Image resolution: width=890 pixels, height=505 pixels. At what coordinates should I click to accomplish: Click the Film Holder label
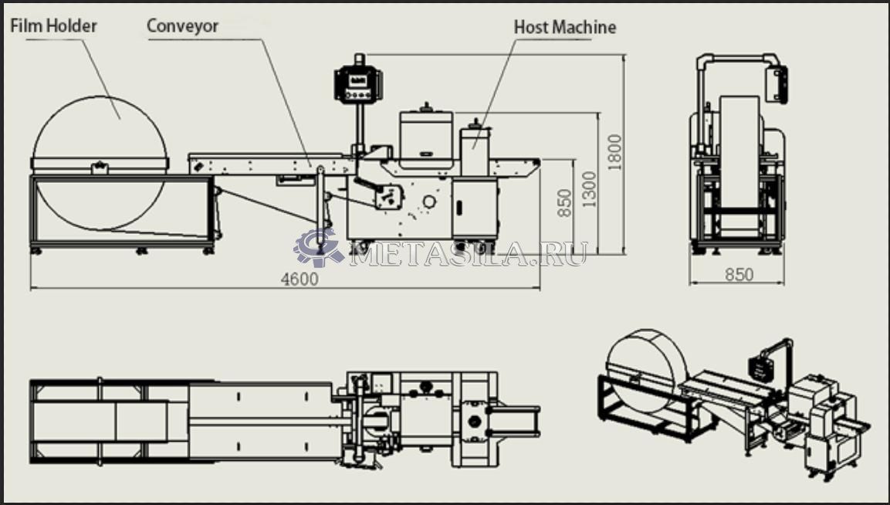pyautogui.click(x=53, y=25)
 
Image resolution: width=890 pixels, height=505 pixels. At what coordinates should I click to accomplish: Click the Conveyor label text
pyautogui.click(x=183, y=25)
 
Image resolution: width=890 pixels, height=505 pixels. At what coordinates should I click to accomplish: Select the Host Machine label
pyautogui.click(x=565, y=27)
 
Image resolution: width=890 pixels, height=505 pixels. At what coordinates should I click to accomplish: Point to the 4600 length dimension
pyautogui.click(x=299, y=279)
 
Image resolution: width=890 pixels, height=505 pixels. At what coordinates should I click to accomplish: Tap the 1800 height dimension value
pyautogui.click(x=615, y=153)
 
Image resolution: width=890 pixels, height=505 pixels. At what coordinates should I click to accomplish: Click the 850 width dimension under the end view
pyautogui.click(x=739, y=274)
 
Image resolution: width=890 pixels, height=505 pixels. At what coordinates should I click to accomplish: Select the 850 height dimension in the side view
pyautogui.click(x=565, y=203)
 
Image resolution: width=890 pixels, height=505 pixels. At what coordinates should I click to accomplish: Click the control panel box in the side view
pyautogui.click(x=358, y=84)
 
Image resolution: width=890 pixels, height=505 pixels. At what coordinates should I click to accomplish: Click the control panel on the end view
pyautogui.click(x=777, y=83)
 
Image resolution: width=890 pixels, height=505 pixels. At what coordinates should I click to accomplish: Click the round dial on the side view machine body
pyautogui.click(x=426, y=202)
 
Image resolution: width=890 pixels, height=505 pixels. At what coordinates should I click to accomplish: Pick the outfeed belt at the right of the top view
pyautogui.click(x=516, y=418)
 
